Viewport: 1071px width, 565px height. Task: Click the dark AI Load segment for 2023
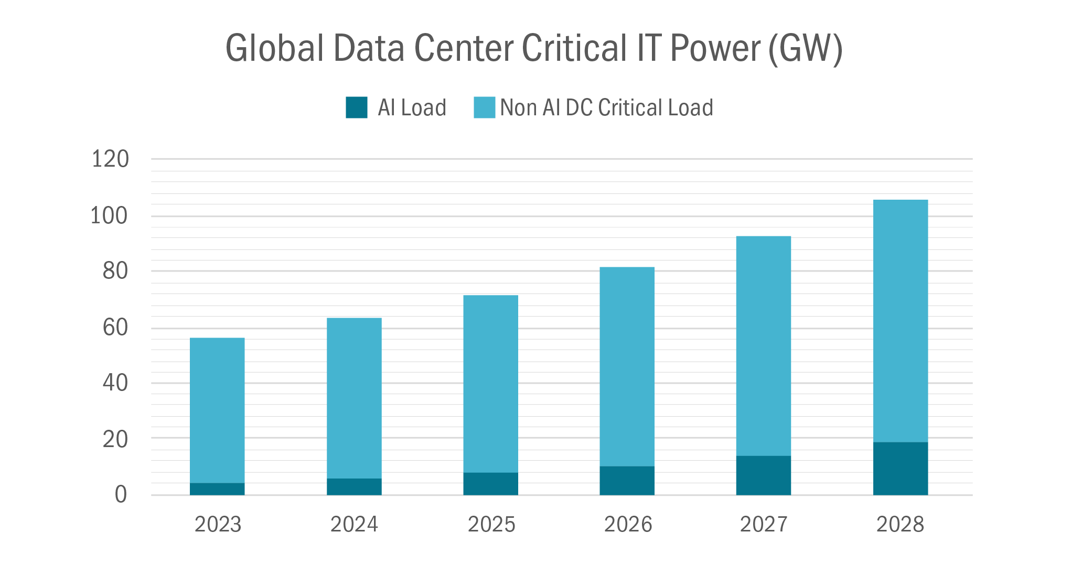[x=217, y=489]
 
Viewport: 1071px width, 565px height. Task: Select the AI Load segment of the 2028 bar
[x=900, y=469]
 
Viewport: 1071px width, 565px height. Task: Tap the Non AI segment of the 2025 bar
[x=490, y=384]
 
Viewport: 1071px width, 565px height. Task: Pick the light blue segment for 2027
[x=763, y=346]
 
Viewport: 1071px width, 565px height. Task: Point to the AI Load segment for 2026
[x=627, y=481]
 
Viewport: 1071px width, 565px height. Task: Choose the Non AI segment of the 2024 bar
[x=354, y=398]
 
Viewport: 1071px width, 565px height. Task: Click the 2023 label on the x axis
[x=218, y=524]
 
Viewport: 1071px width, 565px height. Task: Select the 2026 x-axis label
[x=628, y=524]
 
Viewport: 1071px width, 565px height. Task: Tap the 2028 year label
[x=900, y=524]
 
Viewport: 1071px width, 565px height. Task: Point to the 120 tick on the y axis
[x=110, y=159]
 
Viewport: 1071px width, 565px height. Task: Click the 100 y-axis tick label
[x=109, y=216]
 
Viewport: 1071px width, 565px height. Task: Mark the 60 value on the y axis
[x=115, y=328]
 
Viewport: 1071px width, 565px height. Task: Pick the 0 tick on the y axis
[x=121, y=494]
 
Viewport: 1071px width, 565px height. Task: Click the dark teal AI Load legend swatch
[x=357, y=107]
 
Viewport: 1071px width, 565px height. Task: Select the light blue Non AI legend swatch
[x=484, y=107]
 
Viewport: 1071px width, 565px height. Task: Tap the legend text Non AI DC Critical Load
[x=606, y=107]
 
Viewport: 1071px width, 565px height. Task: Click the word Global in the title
[x=274, y=48]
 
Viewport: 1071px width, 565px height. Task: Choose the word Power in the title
[x=715, y=48]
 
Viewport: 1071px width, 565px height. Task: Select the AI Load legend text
[x=412, y=107]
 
